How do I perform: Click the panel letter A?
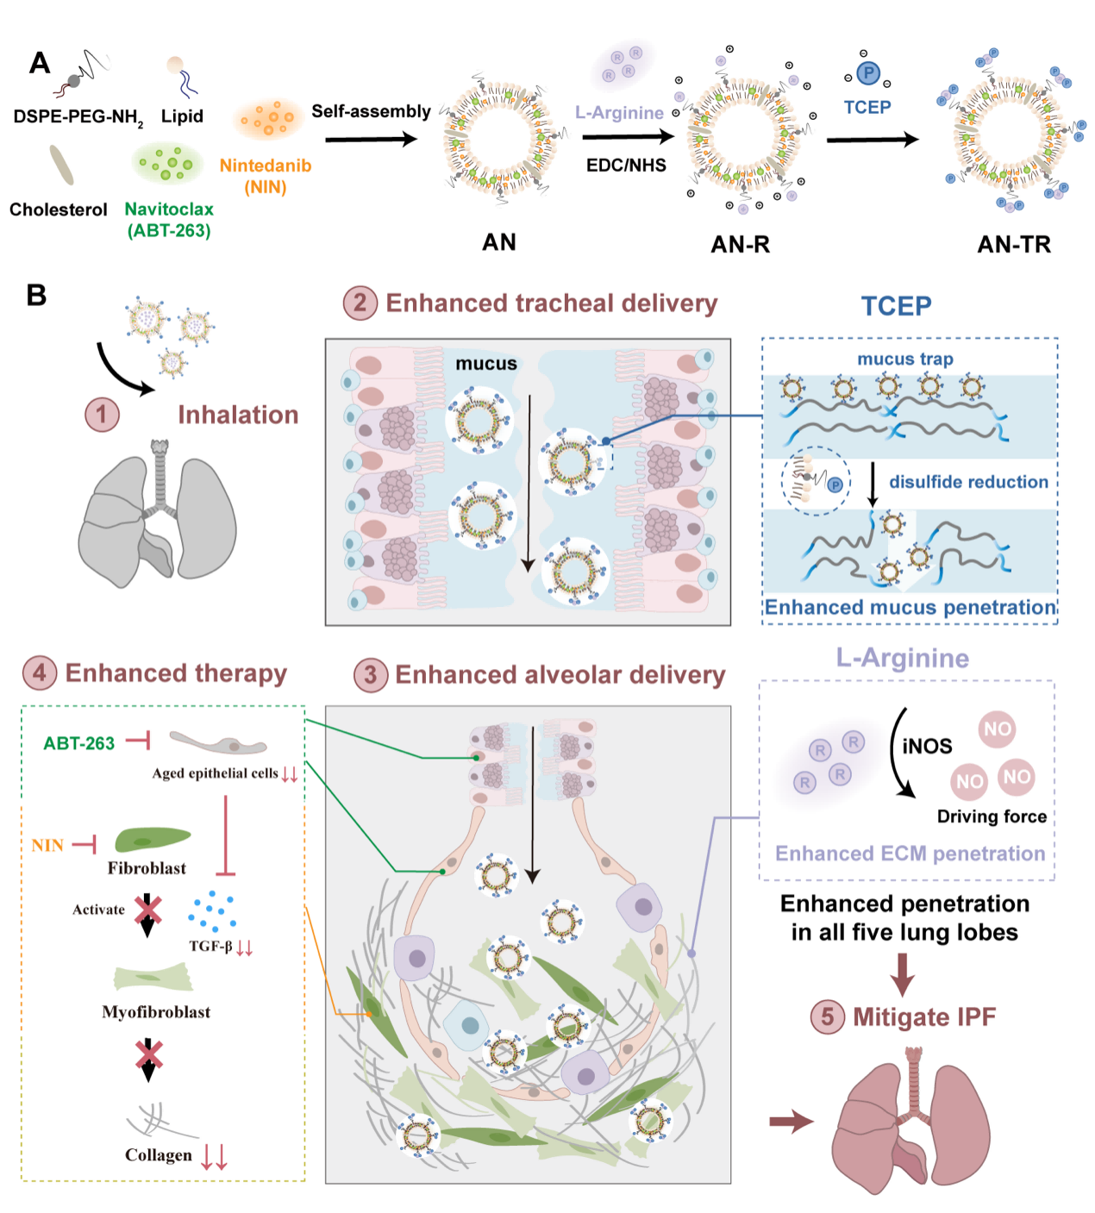pyautogui.click(x=40, y=63)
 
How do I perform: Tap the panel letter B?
pyautogui.click(x=36, y=296)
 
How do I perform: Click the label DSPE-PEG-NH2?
pyautogui.click(x=78, y=117)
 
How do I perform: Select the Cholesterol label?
pyautogui.click(x=59, y=209)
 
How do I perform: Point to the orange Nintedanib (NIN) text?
pyautogui.click(x=266, y=176)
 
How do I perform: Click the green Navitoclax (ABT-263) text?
pyautogui.click(x=169, y=220)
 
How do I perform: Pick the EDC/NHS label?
pyautogui.click(x=626, y=166)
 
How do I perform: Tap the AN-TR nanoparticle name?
pyautogui.click(x=1014, y=245)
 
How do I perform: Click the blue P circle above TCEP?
pyautogui.click(x=868, y=73)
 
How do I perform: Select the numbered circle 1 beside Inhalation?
pyautogui.click(x=102, y=415)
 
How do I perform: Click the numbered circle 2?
pyautogui.click(x=360, y=303)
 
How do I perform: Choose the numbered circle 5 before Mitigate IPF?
pyautogui.click(x=828, y=1017)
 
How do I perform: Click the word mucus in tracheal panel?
pyautogui.click(x=486, y=364)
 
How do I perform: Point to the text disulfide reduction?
pyautogui.click(x=969, y=482)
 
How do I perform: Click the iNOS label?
pyautogui.click(x=927, y=747)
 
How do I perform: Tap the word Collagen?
pyautogui.click(x=159, y=1155)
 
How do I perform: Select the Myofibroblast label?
pyautogui.click(x=156, y=1012)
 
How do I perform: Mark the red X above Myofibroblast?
pyautogui.click(x=148, y=910)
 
